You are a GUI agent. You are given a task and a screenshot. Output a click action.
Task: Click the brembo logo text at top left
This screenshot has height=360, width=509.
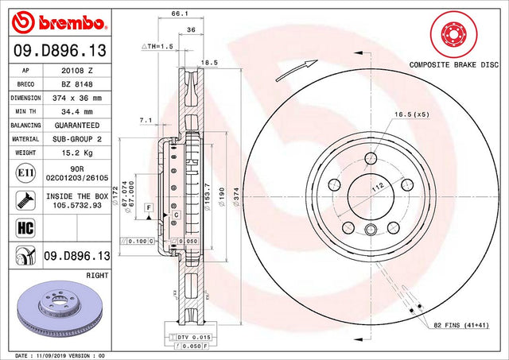[72, 23]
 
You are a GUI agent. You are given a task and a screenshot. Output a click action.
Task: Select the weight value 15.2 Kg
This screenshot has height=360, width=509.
[77, 153]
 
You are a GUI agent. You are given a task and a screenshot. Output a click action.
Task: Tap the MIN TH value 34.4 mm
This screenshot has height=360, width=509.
[77, 111]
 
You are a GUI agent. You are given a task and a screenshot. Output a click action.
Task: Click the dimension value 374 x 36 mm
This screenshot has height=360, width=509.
[77, 98]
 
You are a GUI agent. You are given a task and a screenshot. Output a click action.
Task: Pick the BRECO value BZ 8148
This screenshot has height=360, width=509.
[77, 84]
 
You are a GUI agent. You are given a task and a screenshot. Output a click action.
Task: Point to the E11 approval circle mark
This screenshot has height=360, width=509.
[25, 173]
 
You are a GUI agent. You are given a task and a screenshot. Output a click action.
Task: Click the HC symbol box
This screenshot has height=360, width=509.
[25, 227]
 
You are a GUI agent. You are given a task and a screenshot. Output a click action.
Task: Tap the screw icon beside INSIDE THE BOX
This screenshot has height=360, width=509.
[25, 200]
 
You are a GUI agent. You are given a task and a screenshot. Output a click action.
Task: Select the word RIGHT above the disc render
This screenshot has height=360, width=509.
[97, 275]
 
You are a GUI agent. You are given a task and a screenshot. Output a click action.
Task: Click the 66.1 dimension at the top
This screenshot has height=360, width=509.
[180, 14]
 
